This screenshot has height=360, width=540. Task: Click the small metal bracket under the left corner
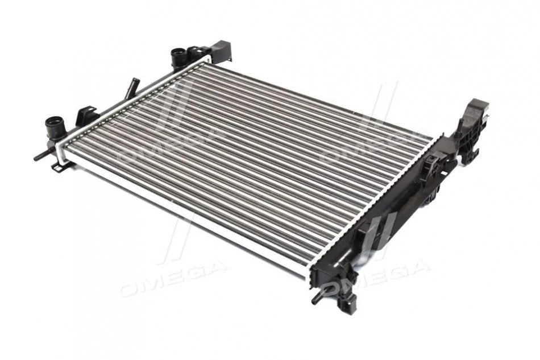(x=61, y=167)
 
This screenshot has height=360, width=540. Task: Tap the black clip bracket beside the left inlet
(x=88, y=115)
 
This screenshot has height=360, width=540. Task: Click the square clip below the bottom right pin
(x=346, y=303)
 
